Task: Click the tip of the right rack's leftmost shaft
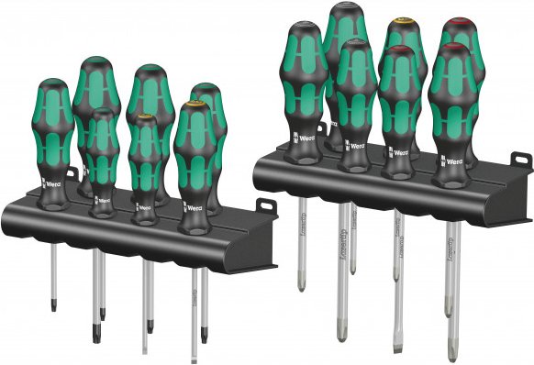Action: click(x=301, y=287)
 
